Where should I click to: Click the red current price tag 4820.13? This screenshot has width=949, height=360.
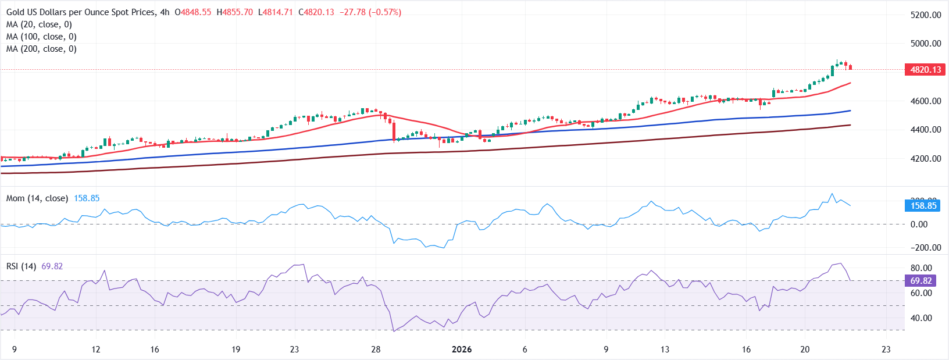tap(925, 70)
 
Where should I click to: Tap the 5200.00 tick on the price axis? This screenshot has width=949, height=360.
tap(925, 15)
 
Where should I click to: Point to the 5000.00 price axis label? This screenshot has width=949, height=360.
tap(925, 44)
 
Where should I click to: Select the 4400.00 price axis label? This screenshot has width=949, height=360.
tap(925, 130)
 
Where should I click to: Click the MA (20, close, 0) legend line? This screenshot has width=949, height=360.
tap(39, 24)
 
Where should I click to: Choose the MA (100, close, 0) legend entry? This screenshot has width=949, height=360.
tap(41, 37)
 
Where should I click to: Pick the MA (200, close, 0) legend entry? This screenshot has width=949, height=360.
tap(41, 49)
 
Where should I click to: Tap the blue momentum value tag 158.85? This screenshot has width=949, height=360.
tap(923, 206)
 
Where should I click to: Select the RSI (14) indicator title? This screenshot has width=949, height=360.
tap(21, 266)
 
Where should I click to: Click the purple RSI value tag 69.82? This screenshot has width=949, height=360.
tap(921, 281)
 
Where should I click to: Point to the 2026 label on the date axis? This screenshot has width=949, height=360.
tap(462, 350)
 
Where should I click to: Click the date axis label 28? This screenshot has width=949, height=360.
tap(376, 350)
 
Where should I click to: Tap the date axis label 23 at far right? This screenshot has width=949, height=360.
tap(886, 350)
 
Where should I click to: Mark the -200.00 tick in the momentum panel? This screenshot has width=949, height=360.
tap(925, 248)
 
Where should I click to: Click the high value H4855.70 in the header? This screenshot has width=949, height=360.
tap(234, 12)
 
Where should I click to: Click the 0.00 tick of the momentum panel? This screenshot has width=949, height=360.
tap(919, 224)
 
